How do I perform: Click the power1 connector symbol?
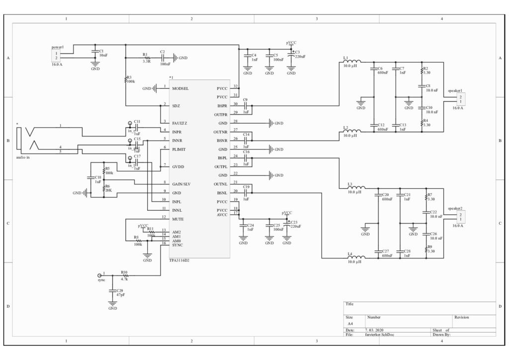pyautogui.click(x=57, y=55)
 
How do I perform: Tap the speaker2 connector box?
pyautogui.click(x=461, y=216)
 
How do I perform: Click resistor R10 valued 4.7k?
pyautogui.click(x=125, y=275)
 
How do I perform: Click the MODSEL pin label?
pyautogui.click(x=181, y=89)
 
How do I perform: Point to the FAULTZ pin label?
pyautogui.click(x=180, y=123)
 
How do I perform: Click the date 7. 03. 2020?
pyautogui.click(x=375, y=330)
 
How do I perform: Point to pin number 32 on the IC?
pyautogui.click(x=236, y=87)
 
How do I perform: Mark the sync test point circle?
pyautogui.click(x=98, y=275)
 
